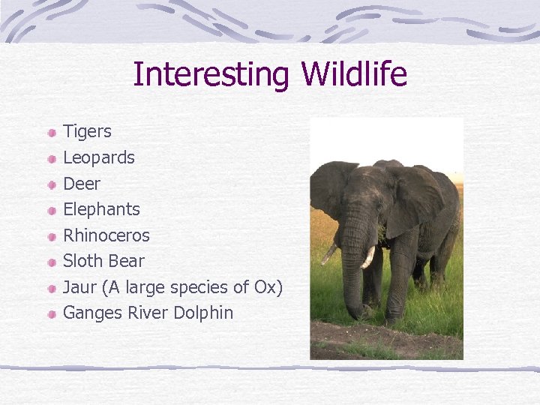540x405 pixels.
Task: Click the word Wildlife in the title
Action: click(x=354, y=75)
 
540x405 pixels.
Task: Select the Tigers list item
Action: click(x=87, y=132)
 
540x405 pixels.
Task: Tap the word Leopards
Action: click(x=99, y=157)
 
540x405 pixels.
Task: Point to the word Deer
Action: click(x=81, y=184)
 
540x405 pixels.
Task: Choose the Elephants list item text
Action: click(x=101, y=209)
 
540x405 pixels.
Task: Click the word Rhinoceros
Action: click(x=106, y=235)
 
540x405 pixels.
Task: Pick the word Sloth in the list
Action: click(x=82, y=261)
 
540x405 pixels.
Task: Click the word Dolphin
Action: click(x=203, y=313)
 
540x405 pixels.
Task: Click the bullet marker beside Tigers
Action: click(x=50, y=133)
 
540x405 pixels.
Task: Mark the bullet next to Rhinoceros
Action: click(x=50, y=237)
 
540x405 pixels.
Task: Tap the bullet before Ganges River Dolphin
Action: click(x=50, y=314)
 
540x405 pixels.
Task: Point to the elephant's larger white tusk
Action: click(x=368, y=257)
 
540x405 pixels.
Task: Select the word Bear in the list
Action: click(x=127, y=261)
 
